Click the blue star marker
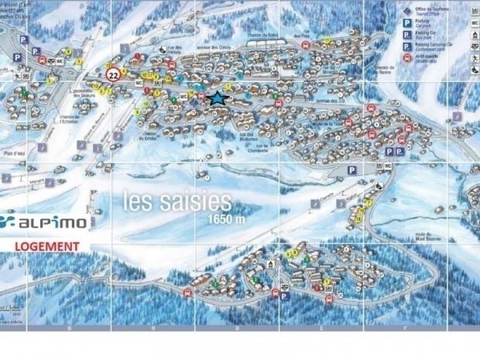[x=218, y=98]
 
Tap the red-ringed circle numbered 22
[x=114, y=75]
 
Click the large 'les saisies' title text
[x=177, y=201]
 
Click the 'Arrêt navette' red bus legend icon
[x=408, y=58]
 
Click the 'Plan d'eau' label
[x=14, y=155]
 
